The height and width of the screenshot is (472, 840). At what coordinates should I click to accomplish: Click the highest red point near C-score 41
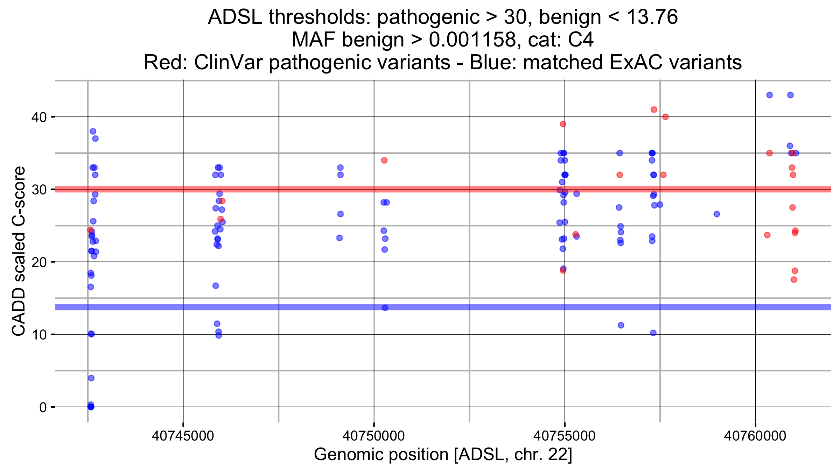654,109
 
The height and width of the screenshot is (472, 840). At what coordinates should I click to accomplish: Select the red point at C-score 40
665,117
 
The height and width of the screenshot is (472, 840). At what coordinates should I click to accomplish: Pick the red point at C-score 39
563,124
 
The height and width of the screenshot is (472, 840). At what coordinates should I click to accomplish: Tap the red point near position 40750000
384,160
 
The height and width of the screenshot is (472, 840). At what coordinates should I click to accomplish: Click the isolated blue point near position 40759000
717,214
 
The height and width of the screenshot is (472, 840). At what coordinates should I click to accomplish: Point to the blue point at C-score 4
91,378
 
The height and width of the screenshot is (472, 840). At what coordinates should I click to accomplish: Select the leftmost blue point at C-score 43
769,95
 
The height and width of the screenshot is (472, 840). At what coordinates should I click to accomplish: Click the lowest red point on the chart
794,279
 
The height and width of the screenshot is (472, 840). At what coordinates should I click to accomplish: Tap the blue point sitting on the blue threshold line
385,308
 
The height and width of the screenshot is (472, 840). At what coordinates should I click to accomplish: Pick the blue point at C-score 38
93,131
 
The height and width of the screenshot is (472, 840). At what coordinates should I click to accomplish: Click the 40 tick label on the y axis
39,117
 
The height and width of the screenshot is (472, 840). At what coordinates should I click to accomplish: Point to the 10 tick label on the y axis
39,335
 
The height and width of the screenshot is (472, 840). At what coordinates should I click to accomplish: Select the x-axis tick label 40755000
564,436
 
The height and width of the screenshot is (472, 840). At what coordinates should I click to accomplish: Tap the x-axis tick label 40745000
183,436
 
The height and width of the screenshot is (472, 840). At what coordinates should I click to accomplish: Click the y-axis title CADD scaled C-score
19,251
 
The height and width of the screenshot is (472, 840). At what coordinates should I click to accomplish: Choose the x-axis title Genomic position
443,455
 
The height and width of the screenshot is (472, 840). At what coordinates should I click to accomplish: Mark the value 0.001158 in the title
473,40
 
